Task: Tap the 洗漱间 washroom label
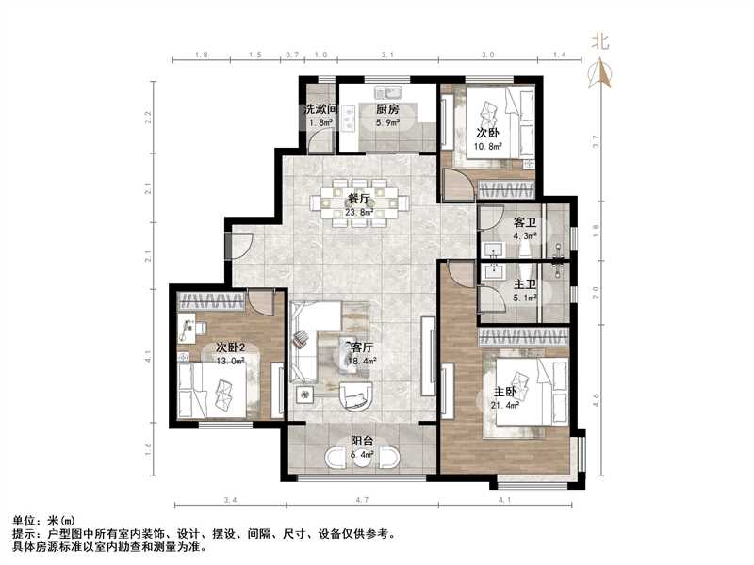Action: tap(319, 109)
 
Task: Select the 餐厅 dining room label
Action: tap(358, 199)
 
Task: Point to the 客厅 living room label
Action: tap(362, 346)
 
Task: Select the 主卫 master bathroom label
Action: tap(525, 285)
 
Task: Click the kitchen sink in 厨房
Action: tap(386, 92)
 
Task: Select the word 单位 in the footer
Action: tap(24, 521)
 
